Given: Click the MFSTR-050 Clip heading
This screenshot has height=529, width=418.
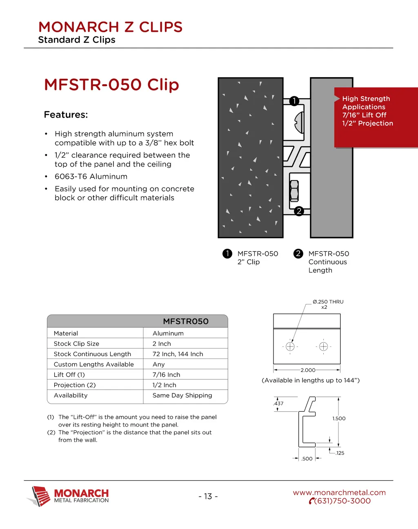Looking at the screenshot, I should [x=111, y=85].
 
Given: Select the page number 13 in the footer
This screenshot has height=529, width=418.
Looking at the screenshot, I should [x=208, y=496].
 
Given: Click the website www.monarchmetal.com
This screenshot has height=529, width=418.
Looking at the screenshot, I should [x=339, y=493].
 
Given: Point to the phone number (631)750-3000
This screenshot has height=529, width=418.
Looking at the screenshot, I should [x=342, y=501].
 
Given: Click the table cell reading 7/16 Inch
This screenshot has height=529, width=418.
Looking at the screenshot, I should [x=166, y=375].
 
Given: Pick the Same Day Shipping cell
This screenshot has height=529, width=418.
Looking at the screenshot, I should [x=182, y=395].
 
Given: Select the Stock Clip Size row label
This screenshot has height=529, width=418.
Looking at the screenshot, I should [x=76, y=344].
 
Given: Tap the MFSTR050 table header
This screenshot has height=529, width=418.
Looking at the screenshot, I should [x=186, y=321].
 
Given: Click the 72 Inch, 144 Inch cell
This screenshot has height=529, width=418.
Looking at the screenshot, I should [x=178, y=354].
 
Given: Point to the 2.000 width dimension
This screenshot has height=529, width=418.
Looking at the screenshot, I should [x=308, y=370].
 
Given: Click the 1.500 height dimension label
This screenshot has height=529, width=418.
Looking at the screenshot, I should [x=339, y=418].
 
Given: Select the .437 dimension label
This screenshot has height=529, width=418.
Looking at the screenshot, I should [x=278, y=404].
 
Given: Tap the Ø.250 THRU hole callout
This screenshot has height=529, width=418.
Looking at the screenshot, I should [x=328, y=302].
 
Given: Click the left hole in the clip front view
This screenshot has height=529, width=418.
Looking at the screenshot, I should [x=290, y=347].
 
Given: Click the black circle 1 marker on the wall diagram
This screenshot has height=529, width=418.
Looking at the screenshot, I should [x=294, y=101].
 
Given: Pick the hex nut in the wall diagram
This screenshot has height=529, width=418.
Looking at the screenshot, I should [x=294, y=190].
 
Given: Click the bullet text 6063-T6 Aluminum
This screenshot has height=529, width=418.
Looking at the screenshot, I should [x=91, y=176].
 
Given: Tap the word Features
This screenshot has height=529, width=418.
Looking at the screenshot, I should [x=66, y=115].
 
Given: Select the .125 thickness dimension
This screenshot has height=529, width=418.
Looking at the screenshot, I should [x=340, y=453].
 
